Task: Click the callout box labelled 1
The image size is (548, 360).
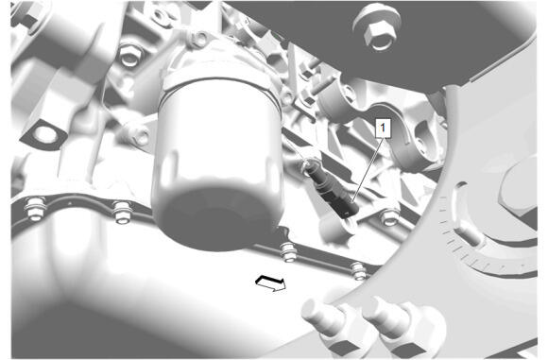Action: (383, 129)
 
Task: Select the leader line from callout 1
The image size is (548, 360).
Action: (367, 170)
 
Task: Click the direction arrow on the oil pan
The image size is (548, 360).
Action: (271, 283)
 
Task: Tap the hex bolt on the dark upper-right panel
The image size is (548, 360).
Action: (378, 27)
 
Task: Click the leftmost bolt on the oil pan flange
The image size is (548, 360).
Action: (35, 208)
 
